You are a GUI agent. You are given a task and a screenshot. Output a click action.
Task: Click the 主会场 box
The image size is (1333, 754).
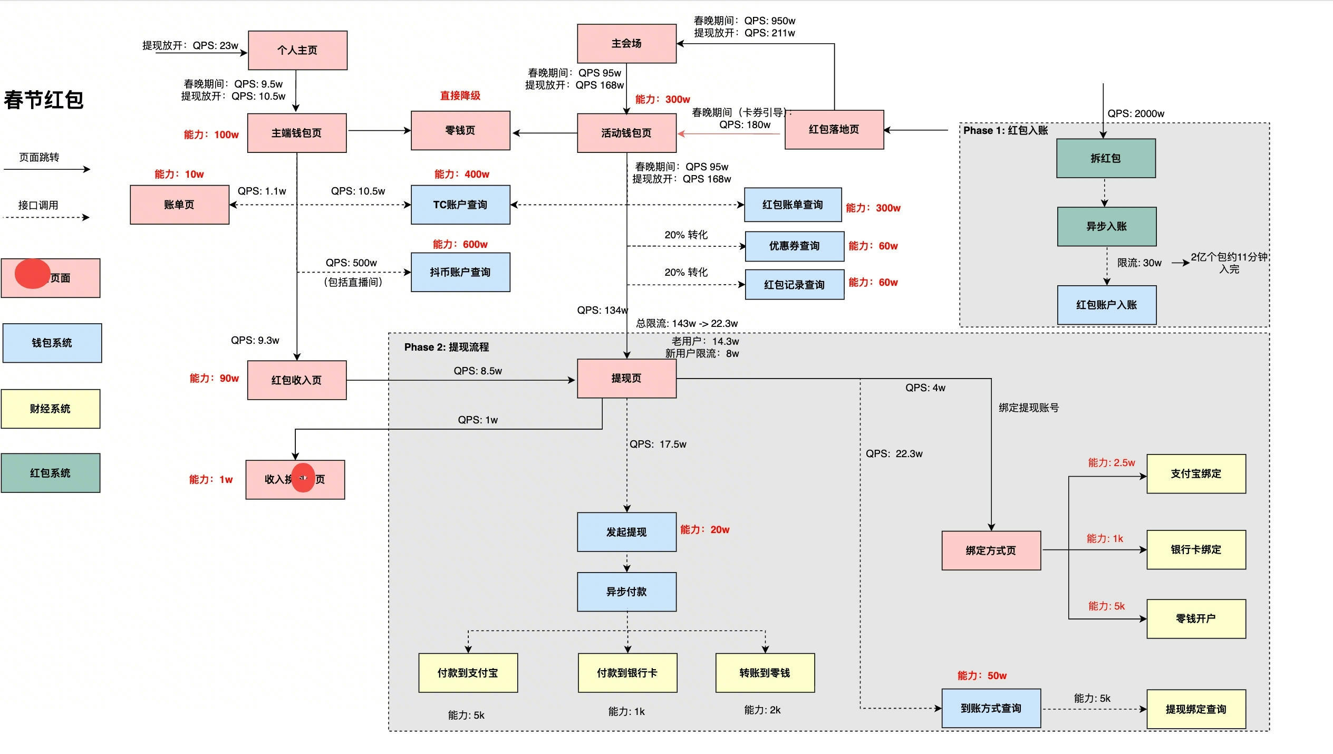point(626,44)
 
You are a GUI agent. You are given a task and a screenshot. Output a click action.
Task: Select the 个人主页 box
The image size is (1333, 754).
point(297,50)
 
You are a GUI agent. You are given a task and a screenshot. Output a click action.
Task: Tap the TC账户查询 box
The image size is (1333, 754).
point(460,205)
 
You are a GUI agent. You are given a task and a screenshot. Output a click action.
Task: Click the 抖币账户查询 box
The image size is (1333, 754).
point(460,272)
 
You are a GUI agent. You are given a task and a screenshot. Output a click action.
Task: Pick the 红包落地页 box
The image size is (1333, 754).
point(834,130)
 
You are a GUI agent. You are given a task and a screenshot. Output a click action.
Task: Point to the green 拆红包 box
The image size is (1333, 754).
point(1106,158)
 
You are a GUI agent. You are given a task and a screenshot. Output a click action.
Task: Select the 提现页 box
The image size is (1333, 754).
point(626,379)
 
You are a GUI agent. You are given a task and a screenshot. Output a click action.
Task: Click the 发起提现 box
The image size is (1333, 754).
point(626,532)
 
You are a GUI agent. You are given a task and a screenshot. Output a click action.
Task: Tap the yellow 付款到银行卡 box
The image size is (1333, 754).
point(627,673)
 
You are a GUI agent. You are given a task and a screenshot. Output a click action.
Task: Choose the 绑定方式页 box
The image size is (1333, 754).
point(991,550)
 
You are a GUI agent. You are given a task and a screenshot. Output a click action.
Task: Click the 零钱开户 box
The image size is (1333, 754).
point(1196,618)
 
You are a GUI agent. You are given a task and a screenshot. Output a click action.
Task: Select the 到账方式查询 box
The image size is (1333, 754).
point(991,708)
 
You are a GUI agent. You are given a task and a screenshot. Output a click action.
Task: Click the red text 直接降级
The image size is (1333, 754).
point(460,95)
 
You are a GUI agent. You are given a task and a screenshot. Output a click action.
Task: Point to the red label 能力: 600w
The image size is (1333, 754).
point(460,244)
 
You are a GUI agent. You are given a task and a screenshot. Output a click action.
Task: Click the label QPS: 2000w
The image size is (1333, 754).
point(1136,113)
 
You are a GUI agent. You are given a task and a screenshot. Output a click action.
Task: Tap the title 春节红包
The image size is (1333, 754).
point(44,100)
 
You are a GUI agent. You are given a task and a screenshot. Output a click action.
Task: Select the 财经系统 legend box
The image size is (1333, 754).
point(51,409)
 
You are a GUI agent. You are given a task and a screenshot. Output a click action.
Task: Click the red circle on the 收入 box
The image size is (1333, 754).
point(303,478)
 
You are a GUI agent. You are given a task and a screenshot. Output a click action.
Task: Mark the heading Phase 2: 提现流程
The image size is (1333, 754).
point(447,347)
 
